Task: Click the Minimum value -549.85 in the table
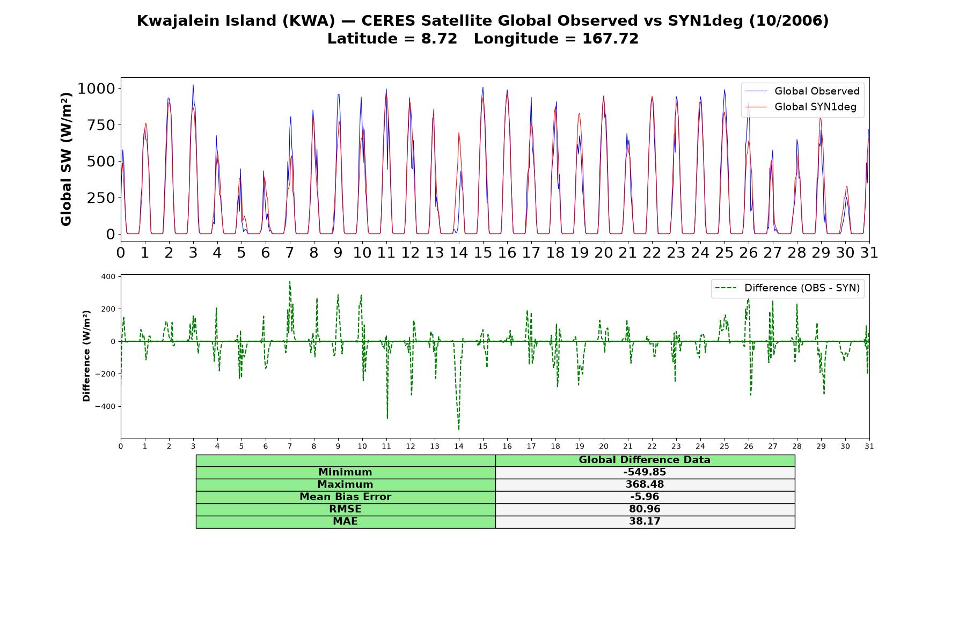click(x=645, y=472)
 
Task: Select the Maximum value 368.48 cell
click(x=645, y=485)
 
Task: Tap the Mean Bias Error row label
click(x=345, y=497)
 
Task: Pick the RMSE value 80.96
click(x=645, y=509)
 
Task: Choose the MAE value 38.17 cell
click(x=645, y=522)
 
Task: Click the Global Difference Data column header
click(x=645, y=460)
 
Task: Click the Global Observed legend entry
click(x=803, y=91)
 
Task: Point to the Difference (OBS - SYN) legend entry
click(x=788, y=288)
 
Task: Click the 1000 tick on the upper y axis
click(x=96, y=89)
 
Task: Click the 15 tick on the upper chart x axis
click(x=483, y=253)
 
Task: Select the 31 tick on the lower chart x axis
click(x=869, y=447)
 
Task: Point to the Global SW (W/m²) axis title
click(x=67, y=159)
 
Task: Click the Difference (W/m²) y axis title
click(x=86, y=356)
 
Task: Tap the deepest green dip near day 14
click(x=459, y=429)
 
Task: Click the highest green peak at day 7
click(x=290, y=281)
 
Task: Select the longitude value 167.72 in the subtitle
click(x=610, y=39)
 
